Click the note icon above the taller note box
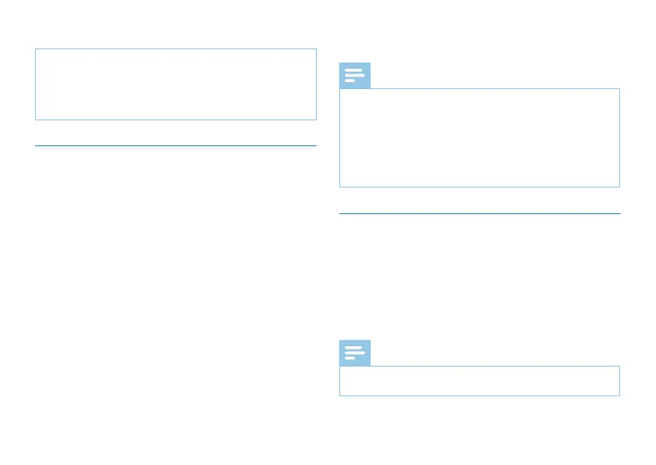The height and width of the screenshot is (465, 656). click(355, 75)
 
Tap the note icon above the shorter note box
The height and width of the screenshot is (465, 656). click(355, 353)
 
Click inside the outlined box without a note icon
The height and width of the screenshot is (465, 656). click(176, 84)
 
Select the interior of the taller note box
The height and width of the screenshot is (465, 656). click(479, 138)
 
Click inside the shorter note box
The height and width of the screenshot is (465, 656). click(479, 381)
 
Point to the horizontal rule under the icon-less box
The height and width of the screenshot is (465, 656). click(176, 145)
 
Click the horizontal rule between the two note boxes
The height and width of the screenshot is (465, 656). click(479, 213)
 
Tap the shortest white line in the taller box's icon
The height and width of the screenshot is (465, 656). click(350, 80)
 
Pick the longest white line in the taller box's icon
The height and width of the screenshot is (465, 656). click(355, 75)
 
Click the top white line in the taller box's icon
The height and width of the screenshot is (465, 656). click(353, 70)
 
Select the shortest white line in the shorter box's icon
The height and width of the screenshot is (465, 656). click(350, 359)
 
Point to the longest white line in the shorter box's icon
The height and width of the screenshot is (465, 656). click(355, 353)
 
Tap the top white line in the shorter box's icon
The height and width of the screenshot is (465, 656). click(353, 349)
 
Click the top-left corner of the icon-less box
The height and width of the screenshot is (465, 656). click(36, 49)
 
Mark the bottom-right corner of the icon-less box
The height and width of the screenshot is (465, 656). click(316, 120)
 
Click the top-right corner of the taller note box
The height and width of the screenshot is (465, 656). click(619, 88)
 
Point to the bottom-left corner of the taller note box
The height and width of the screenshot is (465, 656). click(340, 187)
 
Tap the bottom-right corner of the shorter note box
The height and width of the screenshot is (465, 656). click(619, 395)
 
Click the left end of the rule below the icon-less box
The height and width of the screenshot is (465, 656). click(36, 145)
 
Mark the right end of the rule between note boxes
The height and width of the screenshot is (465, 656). click(619, 213)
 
